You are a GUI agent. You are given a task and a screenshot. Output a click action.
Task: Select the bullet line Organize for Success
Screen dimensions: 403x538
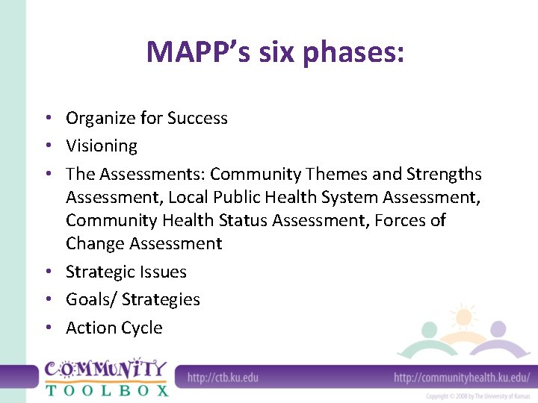click(x=146, y=118)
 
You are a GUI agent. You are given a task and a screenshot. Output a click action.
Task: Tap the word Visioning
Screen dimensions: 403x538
click(x=102, y=146)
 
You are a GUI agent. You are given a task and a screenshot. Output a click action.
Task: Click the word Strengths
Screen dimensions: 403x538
click(x=444, y=174)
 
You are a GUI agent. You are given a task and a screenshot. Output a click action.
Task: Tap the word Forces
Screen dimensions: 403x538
click(x=402, y=220)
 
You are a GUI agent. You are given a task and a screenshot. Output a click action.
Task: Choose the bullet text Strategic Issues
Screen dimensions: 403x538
click(x=126, y=272)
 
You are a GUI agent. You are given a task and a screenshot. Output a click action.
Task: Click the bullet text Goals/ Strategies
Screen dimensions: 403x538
click(x=133, y=299)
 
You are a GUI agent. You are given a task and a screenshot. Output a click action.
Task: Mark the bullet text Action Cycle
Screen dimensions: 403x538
click(x=114, y=328)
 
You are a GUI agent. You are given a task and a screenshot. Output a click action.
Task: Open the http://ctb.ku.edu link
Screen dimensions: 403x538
click(x=223, y=378)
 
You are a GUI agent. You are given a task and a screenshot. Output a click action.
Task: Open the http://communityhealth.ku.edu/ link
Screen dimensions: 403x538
click(x=461, y=378)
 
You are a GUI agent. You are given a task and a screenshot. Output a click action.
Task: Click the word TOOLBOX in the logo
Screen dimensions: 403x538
click(x=106, y=390)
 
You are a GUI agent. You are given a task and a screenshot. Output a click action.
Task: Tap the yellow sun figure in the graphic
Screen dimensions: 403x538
click(x=464, y=317)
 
